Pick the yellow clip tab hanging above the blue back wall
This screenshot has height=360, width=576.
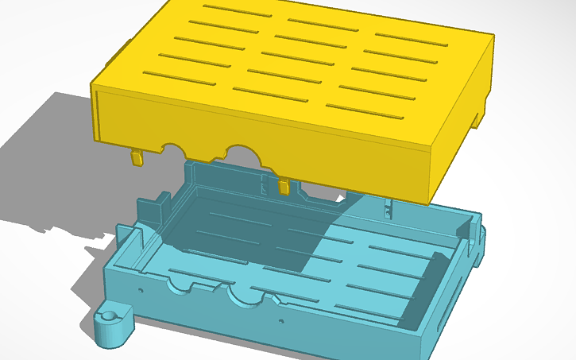[x=284, y=186]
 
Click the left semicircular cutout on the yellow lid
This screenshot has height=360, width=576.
[x=172, y=147]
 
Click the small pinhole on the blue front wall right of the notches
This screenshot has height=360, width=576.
[x=280, y=321]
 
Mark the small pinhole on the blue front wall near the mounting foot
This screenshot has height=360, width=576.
[x=141, y=290]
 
